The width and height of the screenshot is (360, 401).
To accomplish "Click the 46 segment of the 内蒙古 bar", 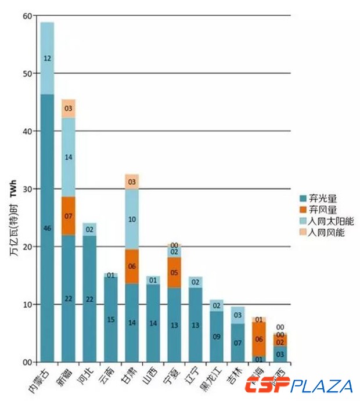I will coord(47,228).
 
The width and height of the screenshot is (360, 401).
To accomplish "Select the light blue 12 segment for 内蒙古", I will coord(47,58).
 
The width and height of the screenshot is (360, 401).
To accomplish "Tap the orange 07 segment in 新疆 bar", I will coord(69,216).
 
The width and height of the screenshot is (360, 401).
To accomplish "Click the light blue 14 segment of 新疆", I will coord(69,157).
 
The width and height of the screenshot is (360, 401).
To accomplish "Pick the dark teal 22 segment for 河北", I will coord(89,299).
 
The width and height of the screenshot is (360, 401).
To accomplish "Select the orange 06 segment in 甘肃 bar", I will coord(132,266).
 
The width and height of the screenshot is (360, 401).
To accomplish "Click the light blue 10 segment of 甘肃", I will coord(132,219).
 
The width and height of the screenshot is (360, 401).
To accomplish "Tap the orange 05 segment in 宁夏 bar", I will coord(174,272).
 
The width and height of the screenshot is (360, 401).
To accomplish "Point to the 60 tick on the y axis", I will coord(28,16).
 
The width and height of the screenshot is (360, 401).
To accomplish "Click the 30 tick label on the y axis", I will coord(28,189).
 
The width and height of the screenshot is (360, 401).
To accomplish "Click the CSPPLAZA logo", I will coord(298,385).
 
